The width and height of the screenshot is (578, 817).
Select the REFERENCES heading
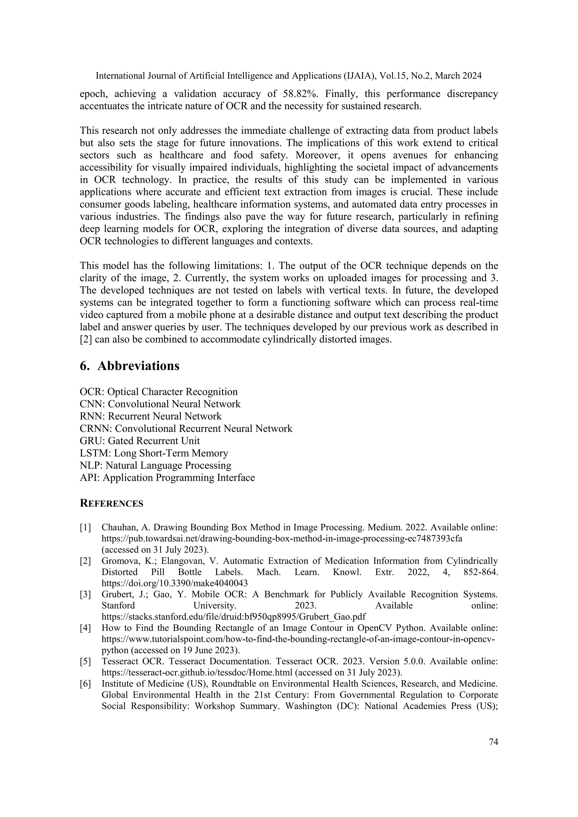(111, 504)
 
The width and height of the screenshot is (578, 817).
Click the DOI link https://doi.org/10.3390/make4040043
(174, 583)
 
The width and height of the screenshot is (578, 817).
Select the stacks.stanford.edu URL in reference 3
(233, 617)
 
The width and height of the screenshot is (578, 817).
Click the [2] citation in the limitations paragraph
(86, 339)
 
